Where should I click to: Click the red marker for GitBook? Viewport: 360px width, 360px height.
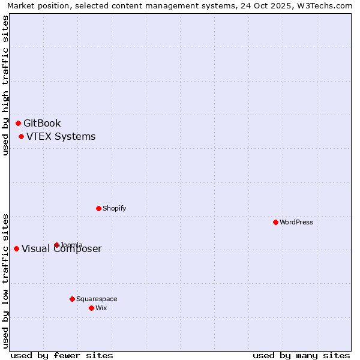click(x=18, y=123)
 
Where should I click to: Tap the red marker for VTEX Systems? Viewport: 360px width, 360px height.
click(x=21, y=136)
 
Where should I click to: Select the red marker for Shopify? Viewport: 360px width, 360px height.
click(x=98, y=208)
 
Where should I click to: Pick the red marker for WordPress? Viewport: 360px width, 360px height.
click(x=275, y=222)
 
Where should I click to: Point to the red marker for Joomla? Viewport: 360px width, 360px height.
click(x=56, y=245)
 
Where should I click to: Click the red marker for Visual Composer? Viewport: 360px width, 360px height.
click(x=16, y=248)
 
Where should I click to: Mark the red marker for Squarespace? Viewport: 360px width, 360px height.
click(x=72, y=299)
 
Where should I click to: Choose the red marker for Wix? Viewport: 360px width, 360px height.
click(x=91, y=308)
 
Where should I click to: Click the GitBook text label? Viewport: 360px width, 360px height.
click(x=42, y=124)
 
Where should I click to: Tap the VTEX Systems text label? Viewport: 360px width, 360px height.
click(x=61, y=137)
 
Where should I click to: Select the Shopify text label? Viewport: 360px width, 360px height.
click(x=114, y=209)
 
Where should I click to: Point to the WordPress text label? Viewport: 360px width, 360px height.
click(x=296, y=223)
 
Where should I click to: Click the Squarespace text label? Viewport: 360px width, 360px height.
click(x=97, y=299)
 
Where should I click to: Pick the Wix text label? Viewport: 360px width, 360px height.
click(x=101, y=308)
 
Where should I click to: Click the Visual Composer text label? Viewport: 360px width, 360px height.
click(x=62, y=249)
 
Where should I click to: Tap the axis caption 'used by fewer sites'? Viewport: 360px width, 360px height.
click(x=62, y=355)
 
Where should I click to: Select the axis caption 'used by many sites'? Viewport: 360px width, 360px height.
click(x=301, y=355)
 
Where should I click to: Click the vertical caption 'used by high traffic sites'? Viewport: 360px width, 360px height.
click(x=5, y=85)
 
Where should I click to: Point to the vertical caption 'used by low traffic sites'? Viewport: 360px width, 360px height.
click(x=5, y=280)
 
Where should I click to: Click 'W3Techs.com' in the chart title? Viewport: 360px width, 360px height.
click(x=322, y=5)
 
